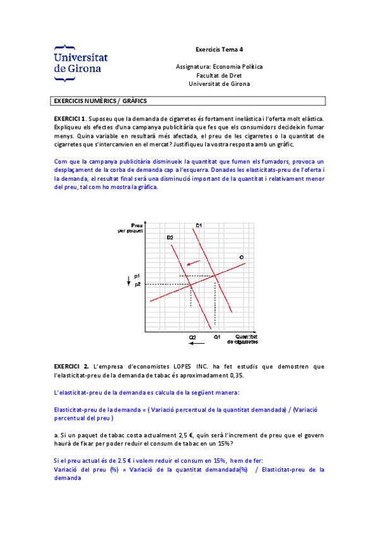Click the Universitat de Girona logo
(80, 63)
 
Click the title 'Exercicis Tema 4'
(219, 49)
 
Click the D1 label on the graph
(199, 225)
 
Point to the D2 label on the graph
(170, 237)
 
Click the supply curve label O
(241, 257)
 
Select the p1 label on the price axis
(136, 276)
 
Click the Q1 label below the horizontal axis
(216, 337)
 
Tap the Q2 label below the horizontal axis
(192, 337)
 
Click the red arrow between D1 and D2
(194, 263)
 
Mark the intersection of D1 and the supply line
(215, 276)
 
